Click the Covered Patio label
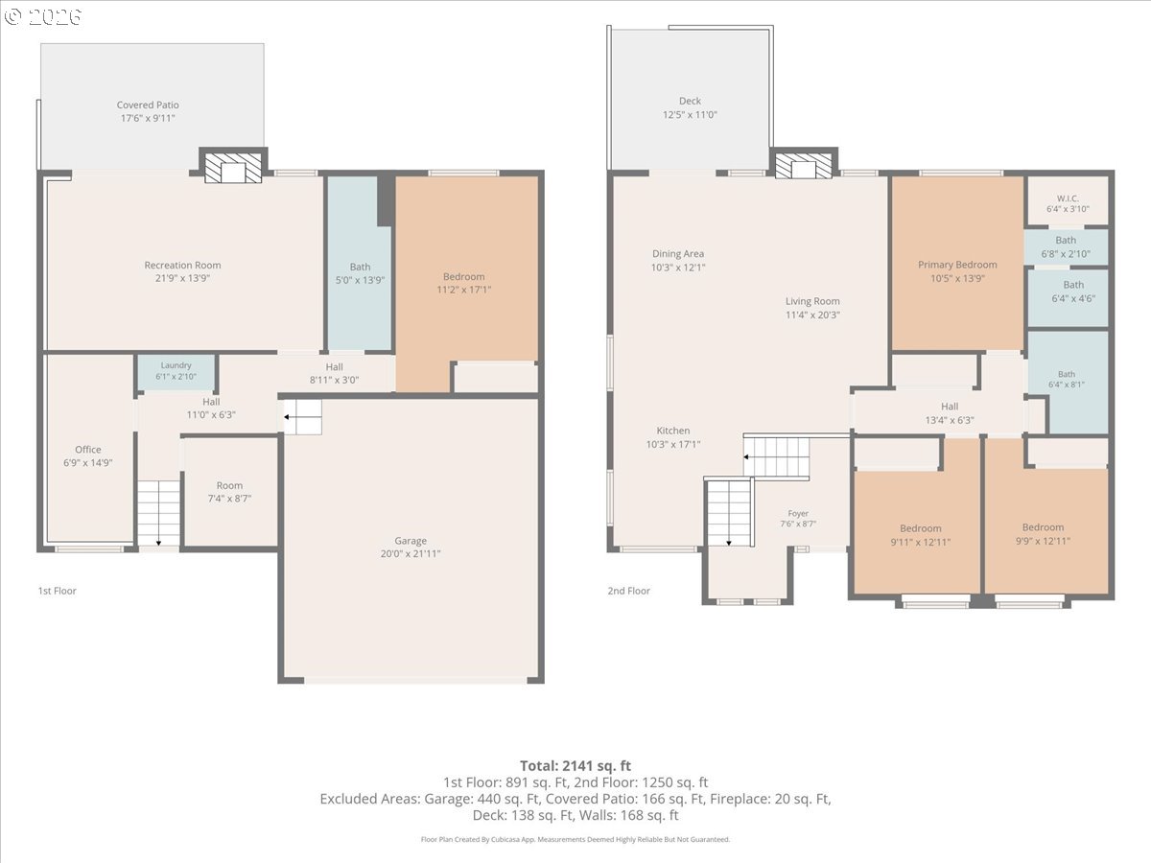[x=148, y=105]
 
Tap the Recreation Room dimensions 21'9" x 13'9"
[x=182, y=278]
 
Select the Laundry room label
[x=176, y=365]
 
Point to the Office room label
[x=88, y=450]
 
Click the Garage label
[x=411, y=541]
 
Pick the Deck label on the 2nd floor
[x=690, y=101]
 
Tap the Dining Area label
[x=678, y=253]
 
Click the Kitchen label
[x=673, y=431]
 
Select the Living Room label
[x=812, y=301]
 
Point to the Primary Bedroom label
[x=957, y=266]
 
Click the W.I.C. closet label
[x=1069, y=198]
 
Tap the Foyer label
[x=798, y=514]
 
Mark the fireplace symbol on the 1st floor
[x=233, y=168]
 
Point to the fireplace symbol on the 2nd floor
[x=804, y=166]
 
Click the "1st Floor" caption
[x=58, y=591]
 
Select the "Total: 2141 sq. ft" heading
[x=575, y=766]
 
